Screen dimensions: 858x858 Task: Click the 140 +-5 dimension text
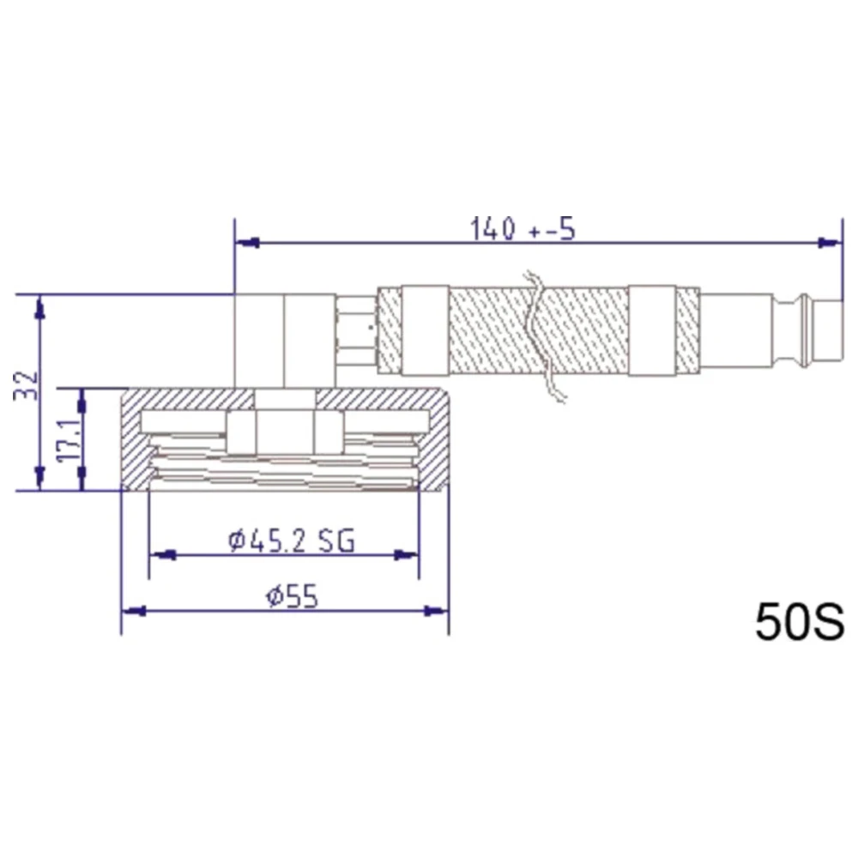click(523, 229)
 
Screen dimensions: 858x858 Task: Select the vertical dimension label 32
click(27, 385)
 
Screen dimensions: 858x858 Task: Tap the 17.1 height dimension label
click(70, 441)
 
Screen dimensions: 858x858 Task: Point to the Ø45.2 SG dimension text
click(291, 541)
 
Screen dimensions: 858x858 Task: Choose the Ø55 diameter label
click(292, 596)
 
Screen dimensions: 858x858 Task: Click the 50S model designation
click(800, 622)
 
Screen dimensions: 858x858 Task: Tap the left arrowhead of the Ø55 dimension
click(134, 611)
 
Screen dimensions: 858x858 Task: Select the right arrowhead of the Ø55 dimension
click(437, 611)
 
